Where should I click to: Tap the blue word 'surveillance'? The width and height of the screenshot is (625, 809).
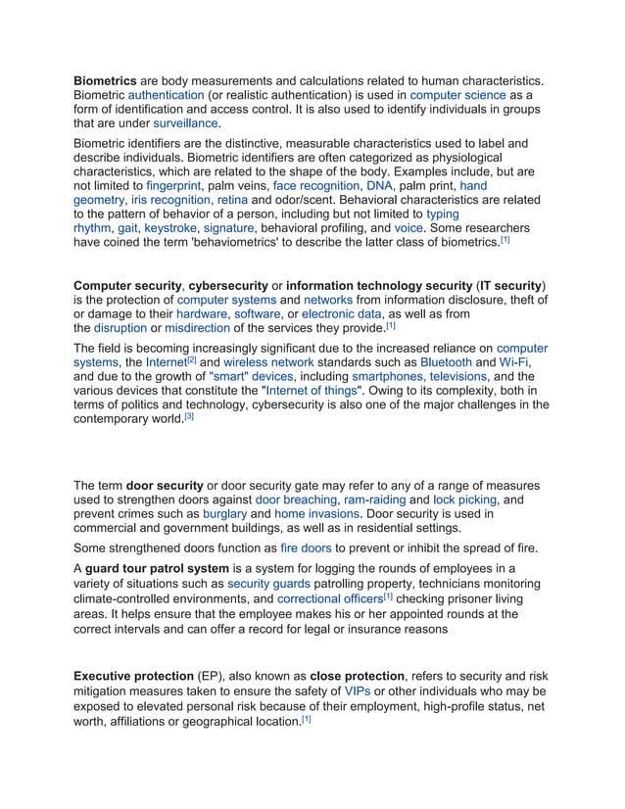click(x=183, y=124)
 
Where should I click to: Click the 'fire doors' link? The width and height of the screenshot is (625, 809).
click(x=306, y=548)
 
